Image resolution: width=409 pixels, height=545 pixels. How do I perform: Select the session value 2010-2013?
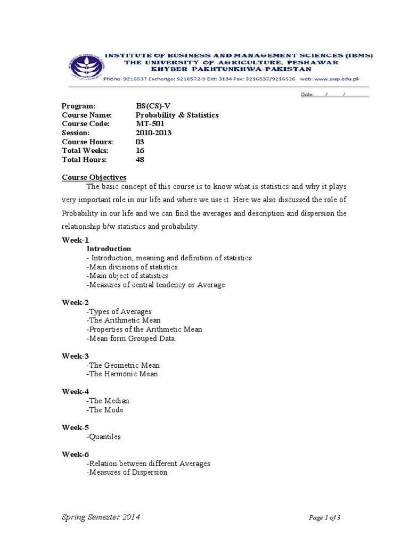point(154,133)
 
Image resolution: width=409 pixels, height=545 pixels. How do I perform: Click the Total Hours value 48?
point(140,160)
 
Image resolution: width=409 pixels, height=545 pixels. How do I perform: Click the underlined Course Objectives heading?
point(94,177)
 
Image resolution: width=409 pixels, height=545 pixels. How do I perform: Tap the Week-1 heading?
point(76,240)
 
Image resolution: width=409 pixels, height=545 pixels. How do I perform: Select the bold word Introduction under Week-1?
point(109,249)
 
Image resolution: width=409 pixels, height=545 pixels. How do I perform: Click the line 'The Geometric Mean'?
point(123,365)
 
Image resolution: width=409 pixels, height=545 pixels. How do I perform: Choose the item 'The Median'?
point(108,401)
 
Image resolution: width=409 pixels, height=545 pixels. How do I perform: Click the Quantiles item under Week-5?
point(104,436)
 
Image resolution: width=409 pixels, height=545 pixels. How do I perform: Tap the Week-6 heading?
point(76,455)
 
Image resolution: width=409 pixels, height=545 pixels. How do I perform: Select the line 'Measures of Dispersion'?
point(127,472)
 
